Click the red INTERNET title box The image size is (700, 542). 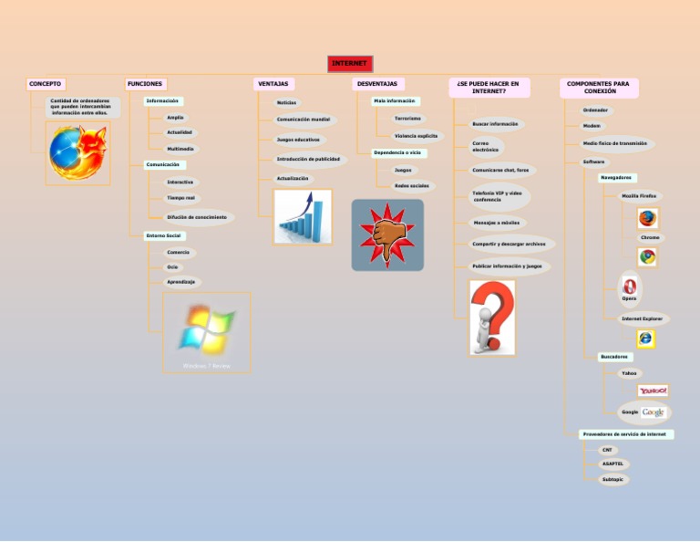[x=350, y=64]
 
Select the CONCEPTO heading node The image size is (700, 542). [x=46, y=84]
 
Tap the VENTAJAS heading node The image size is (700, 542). [x=273, y=84]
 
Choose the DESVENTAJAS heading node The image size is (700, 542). [x=376, y=84]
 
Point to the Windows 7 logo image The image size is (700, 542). [x=206, y=331]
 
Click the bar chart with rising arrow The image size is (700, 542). [x=303, y=217]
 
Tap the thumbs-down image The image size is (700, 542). [x=387, y=235]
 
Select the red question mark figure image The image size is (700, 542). [x=491, y=317]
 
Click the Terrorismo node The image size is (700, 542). [x=407, y=119]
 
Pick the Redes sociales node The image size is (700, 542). [x=411, y=185]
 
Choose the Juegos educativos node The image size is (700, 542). [x=298, y=140]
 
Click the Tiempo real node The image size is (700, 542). [x=180, y=197]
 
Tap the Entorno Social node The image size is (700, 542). [x=164, y=235]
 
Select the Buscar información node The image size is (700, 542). [x=495, y=123]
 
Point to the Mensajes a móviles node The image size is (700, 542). [x=497, y=222]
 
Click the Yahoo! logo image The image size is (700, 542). [x=653, y=391]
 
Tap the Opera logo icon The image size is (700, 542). [x=629, y=287]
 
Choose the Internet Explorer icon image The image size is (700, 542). [x=646, y=339]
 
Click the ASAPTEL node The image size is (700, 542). [x=612, y=464]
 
